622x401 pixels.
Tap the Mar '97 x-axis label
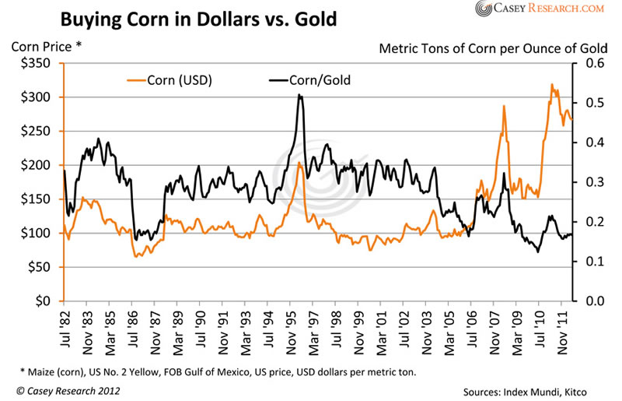(314, 326)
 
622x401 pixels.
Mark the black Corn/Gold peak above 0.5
(299, 95)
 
